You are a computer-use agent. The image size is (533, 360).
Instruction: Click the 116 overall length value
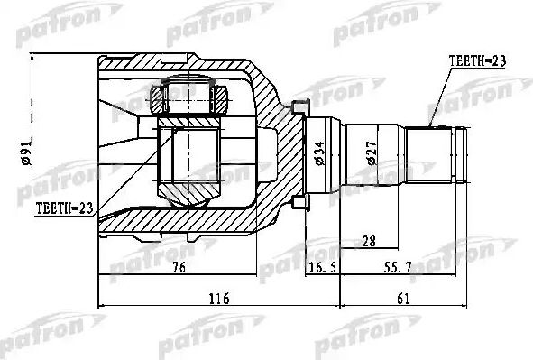coord(219,299)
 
